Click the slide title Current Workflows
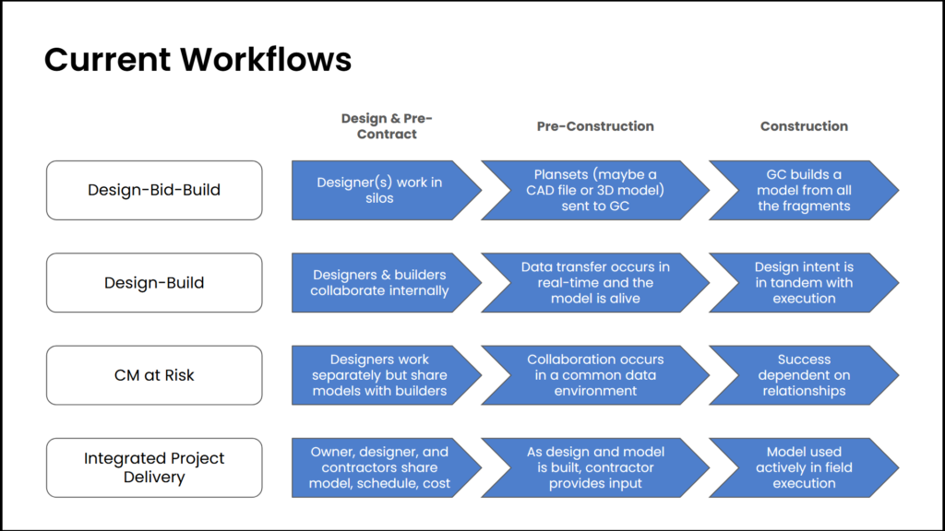(x=197, y=60)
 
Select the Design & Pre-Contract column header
(x=387, y=126)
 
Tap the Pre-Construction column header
(x=595, y=126)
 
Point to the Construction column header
(x=804, y=126)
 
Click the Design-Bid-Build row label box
(x=154, y=190)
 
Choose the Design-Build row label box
(x=154, y=283)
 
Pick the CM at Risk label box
(x=154, y=375)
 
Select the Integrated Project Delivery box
(x=154, y=467)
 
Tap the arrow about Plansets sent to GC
(x=595, y=190)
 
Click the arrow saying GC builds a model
(x=804, y=190)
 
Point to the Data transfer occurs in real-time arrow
(x=595, y=283)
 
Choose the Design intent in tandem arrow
(x=804, y=283)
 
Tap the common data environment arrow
(x=595, y=375)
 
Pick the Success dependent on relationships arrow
(x=804, y=375)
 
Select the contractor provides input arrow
(x=595, y=467)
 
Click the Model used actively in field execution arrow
(x=804, y=467)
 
